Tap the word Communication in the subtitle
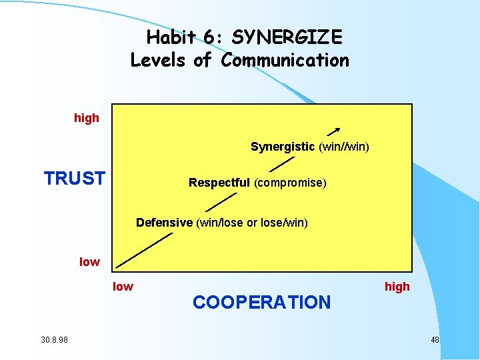[x=285, y=60]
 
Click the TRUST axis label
[x=74, y=179]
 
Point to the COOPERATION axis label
[x=261, y=303]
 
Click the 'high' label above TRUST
[x=87, y=118]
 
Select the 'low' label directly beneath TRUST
[x=89, y=262]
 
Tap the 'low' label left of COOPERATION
[x=123, y=287]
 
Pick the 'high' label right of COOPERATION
[x=397, y=287]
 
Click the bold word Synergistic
[x=282, y=147]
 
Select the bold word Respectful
[x=219, y=183]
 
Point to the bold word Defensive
[x=164, y=223]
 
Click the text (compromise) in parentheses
[x=290, y=183]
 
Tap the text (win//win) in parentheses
[x=344, y=147]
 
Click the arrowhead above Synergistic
[x=337, y=129]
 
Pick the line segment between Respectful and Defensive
[x=221, y=202]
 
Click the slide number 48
[x=435, y=341]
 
